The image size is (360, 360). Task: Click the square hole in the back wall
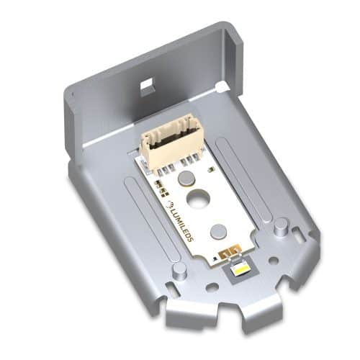tap(146, 85)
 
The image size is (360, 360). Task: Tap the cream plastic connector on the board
tap(168, 142)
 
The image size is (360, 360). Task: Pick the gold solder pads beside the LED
tap(230, 253)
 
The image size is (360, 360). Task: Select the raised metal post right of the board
tap(280, 225)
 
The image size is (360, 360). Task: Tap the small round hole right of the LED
tap(272, 261)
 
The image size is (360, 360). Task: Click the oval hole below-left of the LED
tap(212, 286)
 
